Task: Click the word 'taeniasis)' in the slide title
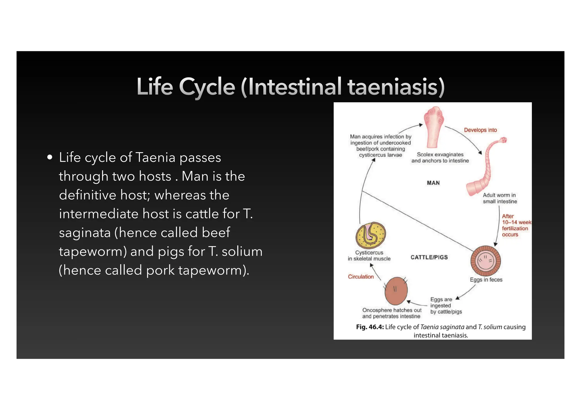click(396, 87)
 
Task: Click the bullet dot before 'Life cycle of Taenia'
click(50, 157)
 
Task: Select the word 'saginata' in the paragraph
click(85, 233)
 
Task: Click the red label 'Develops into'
click(480, 130)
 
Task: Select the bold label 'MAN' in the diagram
click(433, 183)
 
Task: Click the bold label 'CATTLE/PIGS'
click(429, 257)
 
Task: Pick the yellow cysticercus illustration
click(371, 235)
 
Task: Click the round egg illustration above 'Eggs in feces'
click(485, 261)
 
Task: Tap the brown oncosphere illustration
click(396, 291)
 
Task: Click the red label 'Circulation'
click(361, 277)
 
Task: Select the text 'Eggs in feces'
click(486, 280)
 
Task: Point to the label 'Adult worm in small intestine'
click(500, 198)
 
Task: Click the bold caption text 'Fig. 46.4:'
click(370, 327)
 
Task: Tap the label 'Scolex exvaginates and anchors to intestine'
click(440, 158)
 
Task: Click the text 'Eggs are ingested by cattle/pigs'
click(446, 306)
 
